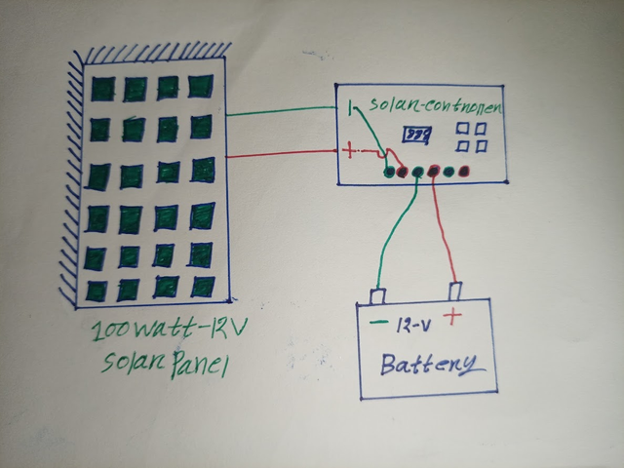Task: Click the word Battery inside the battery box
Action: pyautogui.click(x=429, y=367)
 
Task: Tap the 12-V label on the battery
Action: pyautogui.click(x=410, y=324)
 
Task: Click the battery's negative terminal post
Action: pyautogui.click(x=377, y=293)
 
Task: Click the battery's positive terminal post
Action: pyautogui.click(x=454, y=292)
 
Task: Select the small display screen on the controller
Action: pyautogui.click(x=417, y=133)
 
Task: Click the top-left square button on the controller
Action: pyautogui.click(x=464, y=129)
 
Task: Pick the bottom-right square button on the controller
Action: pyautogui.click(x=482, y=146)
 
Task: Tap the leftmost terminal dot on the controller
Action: pyautogui.click(x=389, y=173)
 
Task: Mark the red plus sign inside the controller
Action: pyautogui.click(x=348, y=150)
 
